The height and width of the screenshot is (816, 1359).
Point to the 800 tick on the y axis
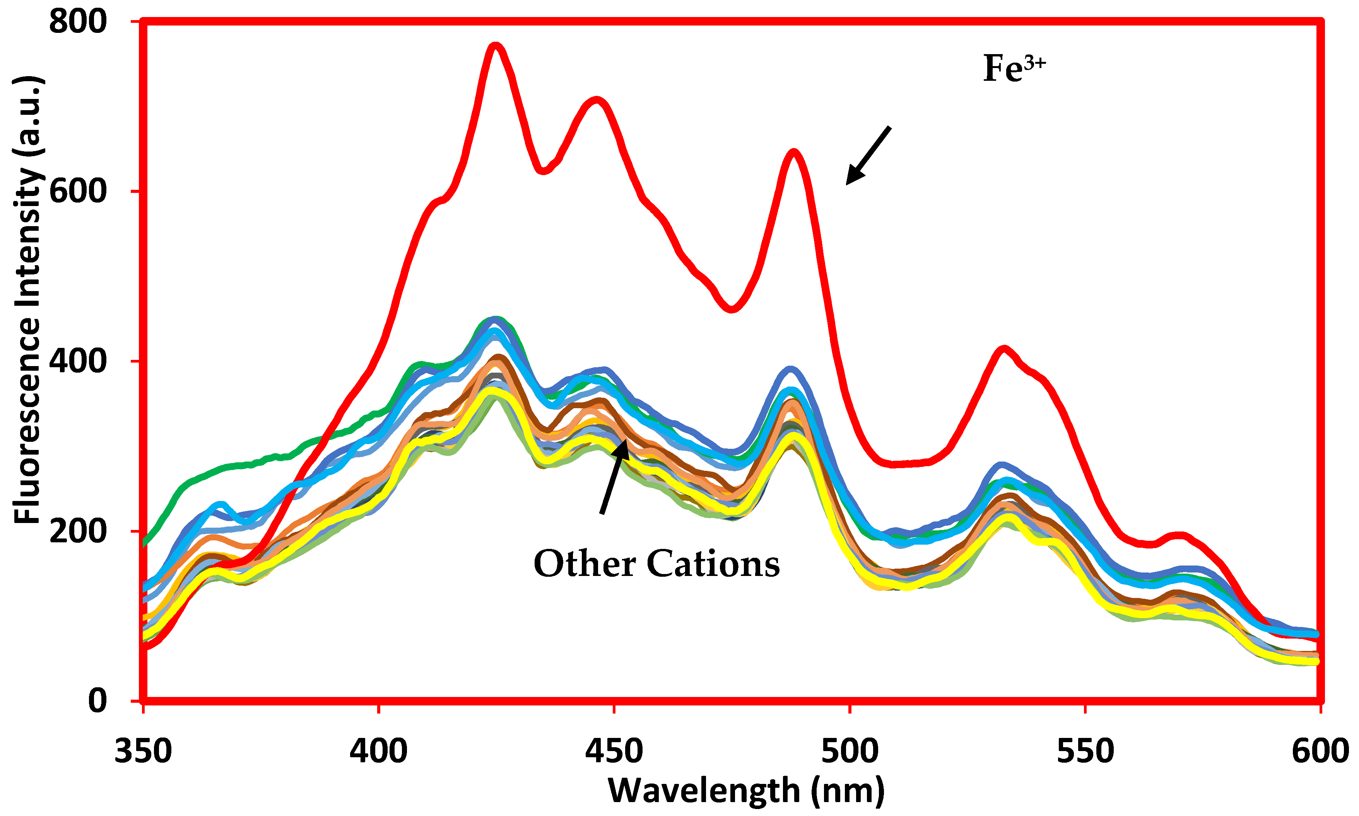[78, 22]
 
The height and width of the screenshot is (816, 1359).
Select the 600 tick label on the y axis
[78, 191]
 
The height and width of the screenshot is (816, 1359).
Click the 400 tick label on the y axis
[78, 361]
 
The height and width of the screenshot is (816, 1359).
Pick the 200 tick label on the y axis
[78, 531]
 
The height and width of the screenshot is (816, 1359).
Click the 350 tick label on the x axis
[143, 751]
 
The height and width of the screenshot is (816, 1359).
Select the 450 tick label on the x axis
[614, 751]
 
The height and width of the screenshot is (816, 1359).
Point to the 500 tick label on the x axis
[850, 751]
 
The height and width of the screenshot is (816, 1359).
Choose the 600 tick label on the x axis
[1320, 751]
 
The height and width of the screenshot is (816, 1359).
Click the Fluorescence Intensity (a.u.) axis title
[27, 300]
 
